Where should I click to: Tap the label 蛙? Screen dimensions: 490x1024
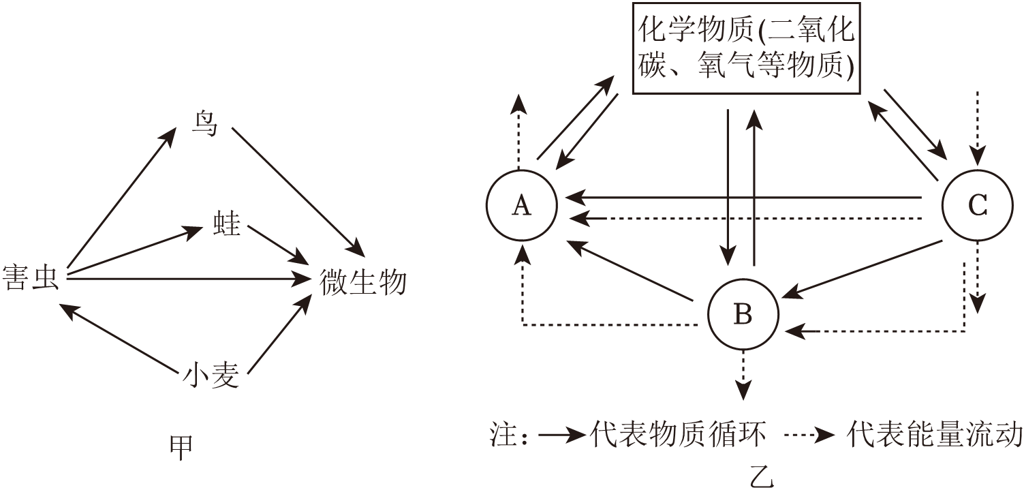click(x=226, y=223)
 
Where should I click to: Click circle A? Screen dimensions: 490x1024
click(x=522, y=205)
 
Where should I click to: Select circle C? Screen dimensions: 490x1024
click(x=978, y=205)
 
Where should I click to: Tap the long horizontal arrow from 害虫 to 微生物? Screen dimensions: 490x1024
click(x=184, y=278)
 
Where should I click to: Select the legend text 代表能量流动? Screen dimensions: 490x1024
click(x=933, y=434)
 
